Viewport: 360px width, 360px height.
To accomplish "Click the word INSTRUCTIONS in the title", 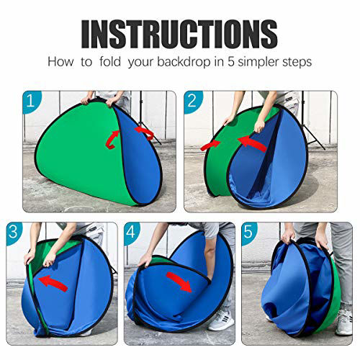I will (x=179, y=32).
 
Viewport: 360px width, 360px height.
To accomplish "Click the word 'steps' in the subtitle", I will (x=297, y=62).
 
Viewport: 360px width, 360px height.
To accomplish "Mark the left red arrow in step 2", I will (x=211, y=145).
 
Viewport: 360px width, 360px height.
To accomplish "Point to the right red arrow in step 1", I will (x=145, y=132).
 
